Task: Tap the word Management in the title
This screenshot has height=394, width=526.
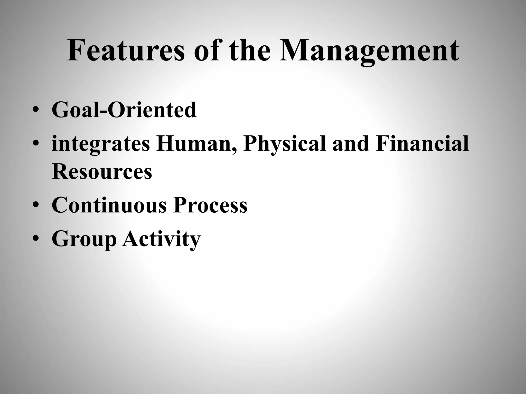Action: [369, 51]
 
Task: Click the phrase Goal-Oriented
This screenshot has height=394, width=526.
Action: [124, 110]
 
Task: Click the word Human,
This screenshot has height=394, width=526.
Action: [197, 144]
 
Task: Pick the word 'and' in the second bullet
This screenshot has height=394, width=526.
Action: [351, 144]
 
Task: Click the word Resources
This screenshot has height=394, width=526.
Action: [102, 172]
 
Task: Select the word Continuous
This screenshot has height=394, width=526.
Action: [109, 205]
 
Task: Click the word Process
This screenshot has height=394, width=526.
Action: [210, 205]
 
